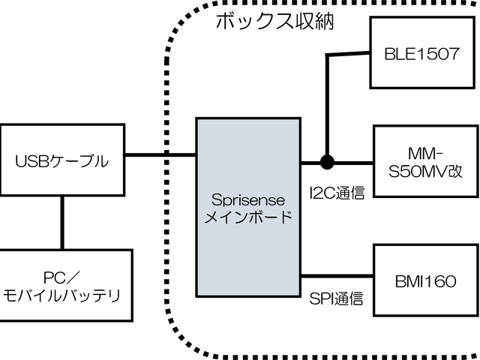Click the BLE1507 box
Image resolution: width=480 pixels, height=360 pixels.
[422, 55]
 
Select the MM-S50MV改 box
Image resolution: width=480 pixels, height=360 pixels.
[422, 161]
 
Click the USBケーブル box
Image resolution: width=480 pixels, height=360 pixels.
[62, 160]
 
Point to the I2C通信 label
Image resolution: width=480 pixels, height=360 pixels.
[336, 193]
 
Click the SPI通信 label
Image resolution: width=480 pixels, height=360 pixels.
[336, 300]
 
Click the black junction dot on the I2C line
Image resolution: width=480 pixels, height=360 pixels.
[326, 161]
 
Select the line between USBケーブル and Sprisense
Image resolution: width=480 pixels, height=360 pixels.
[160, 155]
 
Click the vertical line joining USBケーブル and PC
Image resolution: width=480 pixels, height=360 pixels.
[62, 223]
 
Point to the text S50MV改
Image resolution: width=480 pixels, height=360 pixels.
[422, 170]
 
